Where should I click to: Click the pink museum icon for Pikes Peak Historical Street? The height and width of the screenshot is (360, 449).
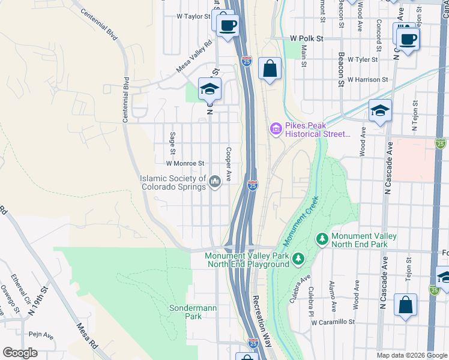click(276, 128)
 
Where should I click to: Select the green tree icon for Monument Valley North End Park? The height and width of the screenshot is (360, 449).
click(322, 239)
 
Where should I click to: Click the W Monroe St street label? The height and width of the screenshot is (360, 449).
click(185, 163)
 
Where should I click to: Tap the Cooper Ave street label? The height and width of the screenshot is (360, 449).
click(229, 164)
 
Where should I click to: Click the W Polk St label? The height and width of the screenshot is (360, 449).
click(306, 38)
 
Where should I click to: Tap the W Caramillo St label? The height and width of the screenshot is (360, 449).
click(333, 322)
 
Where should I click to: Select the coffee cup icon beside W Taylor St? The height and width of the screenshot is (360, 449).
click(228, 26)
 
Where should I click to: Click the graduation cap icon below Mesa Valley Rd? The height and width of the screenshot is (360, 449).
click(209, 89)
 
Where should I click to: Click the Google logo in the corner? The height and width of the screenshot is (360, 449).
click(20, 353)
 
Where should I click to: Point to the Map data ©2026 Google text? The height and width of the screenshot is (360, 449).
click(411, 355)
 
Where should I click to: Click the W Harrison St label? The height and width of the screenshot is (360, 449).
click(367, 79)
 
